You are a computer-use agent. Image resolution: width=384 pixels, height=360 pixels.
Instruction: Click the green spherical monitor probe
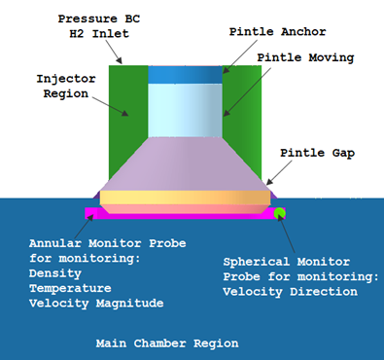tap(279, 212)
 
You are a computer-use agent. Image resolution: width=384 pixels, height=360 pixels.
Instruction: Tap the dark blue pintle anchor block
tap(185, 74)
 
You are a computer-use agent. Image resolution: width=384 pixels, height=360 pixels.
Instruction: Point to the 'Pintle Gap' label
tap(316, 153)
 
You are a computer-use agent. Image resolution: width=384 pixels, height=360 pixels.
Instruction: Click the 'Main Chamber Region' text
tap(166, 343)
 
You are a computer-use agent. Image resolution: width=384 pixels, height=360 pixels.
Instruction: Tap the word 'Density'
tap(55, 274)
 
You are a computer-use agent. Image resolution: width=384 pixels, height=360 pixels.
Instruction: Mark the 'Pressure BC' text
tap(96, 18)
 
